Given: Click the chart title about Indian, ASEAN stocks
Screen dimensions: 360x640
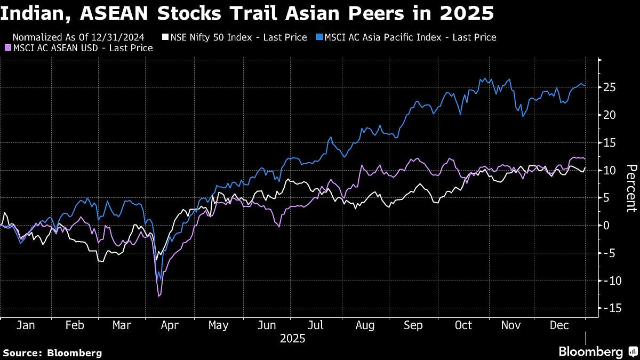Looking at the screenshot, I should point(247,13).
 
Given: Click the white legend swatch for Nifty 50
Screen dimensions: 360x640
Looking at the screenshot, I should point(165,37).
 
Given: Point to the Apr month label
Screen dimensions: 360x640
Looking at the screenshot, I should point(170,325).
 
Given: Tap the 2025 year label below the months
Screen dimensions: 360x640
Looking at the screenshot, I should point(292,338).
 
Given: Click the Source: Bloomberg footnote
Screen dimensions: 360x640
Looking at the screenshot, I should point(52,353).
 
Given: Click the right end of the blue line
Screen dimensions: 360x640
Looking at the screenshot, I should point(585,86).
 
